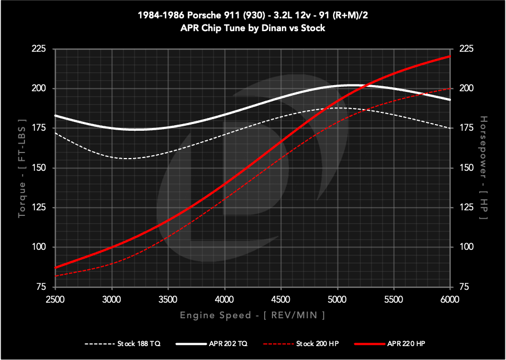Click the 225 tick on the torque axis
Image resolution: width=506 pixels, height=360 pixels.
[x=38, y=49]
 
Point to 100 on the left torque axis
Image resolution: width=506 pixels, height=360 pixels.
[x=38, y=247]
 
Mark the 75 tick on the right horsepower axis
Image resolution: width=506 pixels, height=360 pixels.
[x=464, y=287]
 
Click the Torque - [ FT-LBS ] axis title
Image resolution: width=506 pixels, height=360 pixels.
[x=22, y=168]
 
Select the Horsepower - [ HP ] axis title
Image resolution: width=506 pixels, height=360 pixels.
[x=483, y=168]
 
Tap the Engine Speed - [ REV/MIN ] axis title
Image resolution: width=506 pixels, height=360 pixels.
[x=252, y=315]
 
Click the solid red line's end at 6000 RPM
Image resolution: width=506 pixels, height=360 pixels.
[x=449, y=56]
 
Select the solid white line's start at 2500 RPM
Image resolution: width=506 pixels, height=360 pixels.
[x=55, y=115]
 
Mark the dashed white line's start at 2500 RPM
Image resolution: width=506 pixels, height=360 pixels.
[x=55, y=132]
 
